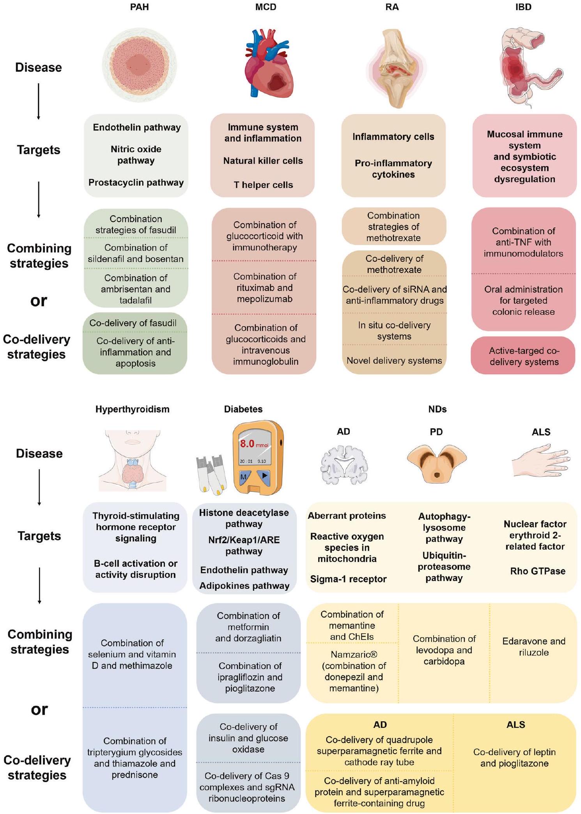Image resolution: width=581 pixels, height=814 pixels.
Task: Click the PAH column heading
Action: (x=139, y=7)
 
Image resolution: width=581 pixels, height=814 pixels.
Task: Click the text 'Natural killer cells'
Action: (x=263, y=161)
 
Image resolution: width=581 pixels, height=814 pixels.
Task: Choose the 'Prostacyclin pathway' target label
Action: (x=136, y=183)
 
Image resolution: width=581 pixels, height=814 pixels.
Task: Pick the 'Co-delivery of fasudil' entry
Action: (x=133, y=323)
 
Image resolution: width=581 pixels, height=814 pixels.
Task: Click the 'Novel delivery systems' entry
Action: (x=394, y=361)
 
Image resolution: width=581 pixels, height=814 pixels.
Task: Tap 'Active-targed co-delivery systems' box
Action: (x=524, y=356)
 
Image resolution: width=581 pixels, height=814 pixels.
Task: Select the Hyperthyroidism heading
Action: (x=132, y=409)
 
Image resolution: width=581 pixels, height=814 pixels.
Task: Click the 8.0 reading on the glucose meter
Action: (x=247, y=444)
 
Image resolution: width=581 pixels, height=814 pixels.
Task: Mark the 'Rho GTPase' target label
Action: (x=538, y=571)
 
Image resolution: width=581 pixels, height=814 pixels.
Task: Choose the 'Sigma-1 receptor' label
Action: (x=348, y=579)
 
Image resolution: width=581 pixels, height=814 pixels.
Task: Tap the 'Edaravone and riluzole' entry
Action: (x=533, y=647)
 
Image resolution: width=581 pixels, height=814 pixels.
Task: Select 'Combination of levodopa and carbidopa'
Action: (x=444, y=650)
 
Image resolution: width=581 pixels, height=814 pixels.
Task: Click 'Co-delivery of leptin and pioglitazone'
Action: (x=514, y=758)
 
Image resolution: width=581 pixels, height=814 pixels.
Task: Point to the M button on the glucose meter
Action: (x=243, y=477)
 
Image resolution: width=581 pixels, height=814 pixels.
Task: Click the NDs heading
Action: (x=437, y=409)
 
